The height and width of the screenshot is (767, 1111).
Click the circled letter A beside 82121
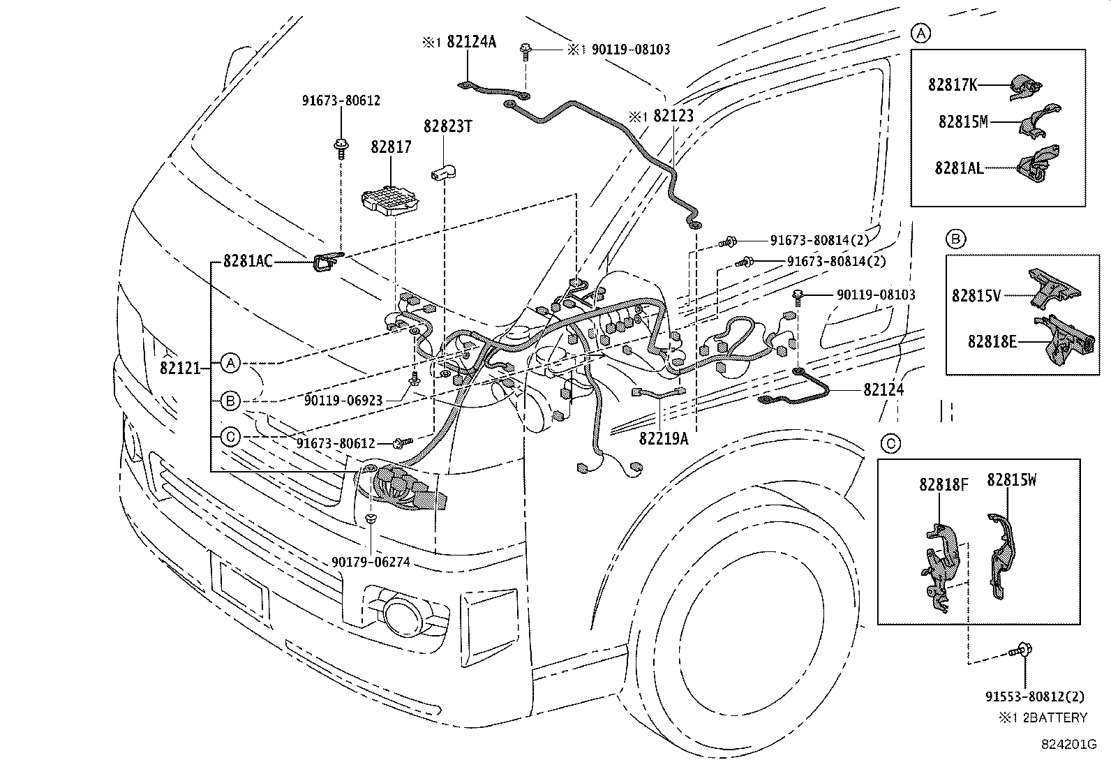(x=231, y=363)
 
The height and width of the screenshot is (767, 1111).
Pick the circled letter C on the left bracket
(x=231, y=437)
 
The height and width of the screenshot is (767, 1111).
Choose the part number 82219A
(x=663, y=438)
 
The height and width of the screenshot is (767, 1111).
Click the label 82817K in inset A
(x=953, y=85)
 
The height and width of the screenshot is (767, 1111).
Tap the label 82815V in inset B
(x=976, y=296)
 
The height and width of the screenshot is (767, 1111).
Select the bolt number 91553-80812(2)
(x=1035, y=696)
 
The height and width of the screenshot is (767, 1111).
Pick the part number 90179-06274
(x=371, y=561)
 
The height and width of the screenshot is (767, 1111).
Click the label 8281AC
(x=248, y=262)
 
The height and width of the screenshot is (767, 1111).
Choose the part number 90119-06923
(x=343, y=400)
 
